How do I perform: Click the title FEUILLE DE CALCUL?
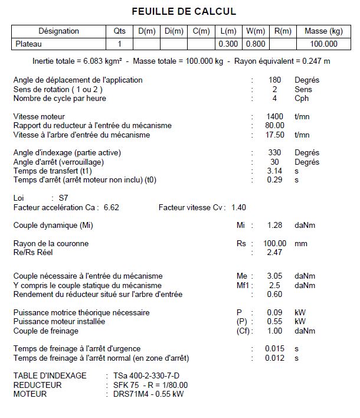coord(184,11)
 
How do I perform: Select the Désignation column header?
coord(58,31)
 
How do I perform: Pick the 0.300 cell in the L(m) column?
coord(228,44)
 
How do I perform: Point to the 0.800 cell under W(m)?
coord(256,44)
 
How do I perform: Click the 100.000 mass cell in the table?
coord(324,44)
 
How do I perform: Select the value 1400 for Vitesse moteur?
coord(275,116)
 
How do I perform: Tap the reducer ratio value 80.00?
coord(275,125)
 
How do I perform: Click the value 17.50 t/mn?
coord(275,135)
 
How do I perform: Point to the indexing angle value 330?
coord(275,152)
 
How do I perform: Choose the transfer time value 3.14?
coord(275,171)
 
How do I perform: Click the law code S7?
coord(64,198)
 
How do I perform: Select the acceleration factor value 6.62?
coord(112,207)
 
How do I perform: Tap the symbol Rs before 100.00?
coord(241,243)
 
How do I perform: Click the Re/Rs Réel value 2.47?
coord(275,252)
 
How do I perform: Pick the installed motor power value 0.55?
coord(275,322)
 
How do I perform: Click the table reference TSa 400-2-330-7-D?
coord(146,375)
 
